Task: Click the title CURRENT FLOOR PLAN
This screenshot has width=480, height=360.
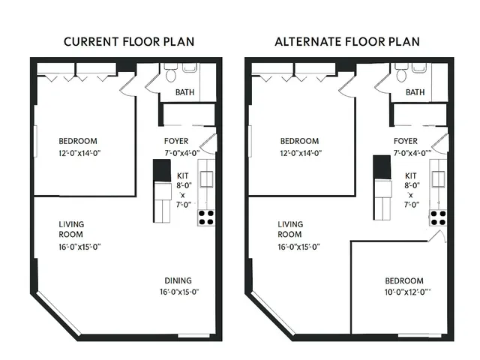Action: click(x=128, y=41)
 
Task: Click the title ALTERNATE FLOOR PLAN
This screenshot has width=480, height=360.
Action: click(x=349, y=41)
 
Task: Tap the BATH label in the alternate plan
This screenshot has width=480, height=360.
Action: click(x=415, y=93)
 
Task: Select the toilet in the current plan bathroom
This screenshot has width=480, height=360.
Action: click(x=169, y=74)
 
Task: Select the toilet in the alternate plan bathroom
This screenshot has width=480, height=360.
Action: click(x=400, y=74)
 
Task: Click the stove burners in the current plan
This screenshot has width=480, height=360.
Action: click(x=206, y=217)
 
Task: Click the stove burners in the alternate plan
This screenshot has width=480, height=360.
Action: click(x=437, y=217)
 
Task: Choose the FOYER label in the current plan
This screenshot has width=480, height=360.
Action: click(x=175, y=141)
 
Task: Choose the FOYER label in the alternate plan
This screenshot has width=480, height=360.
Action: click(x=406, y=141)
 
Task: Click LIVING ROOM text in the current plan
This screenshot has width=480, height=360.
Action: click(x=71, y=229)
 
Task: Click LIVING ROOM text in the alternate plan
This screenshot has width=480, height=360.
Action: click(x=290, y=229)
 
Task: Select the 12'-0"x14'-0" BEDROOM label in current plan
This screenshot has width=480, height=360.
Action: click(x=79, y=146)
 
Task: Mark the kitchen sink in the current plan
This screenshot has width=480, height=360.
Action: click(x=206, y=178)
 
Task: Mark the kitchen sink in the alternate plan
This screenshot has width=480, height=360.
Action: click(x=437, y=178)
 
